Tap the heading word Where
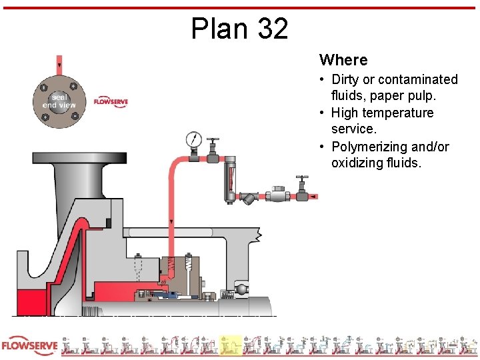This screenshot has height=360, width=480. pyautogui.click(x=343, y=60)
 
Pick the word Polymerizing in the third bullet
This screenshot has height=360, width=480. pyautogui.click(x=373, y=147)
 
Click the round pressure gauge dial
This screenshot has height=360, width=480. pyautogui.click(x=194, y=139)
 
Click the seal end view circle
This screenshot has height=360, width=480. pyautogui.click(x=59, y=101)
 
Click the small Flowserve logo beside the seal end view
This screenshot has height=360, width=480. pyautogui.click(x=111, y=102)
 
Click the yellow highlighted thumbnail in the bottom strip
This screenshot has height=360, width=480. pyautogui.click(x=231, y=345)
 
